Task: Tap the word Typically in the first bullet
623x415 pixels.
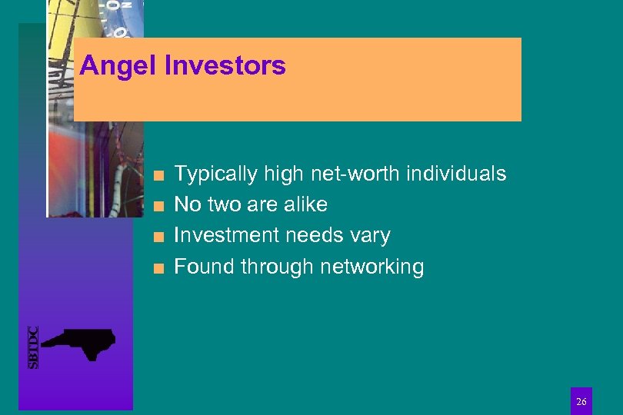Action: click(x=216, y=174)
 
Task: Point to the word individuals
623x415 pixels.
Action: click(x=456, y=174)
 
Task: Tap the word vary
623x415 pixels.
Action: click(x=369, y=236)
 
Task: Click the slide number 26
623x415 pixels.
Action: click(x=581, y=402)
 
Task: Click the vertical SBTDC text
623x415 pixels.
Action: click(x=33, y=347)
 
